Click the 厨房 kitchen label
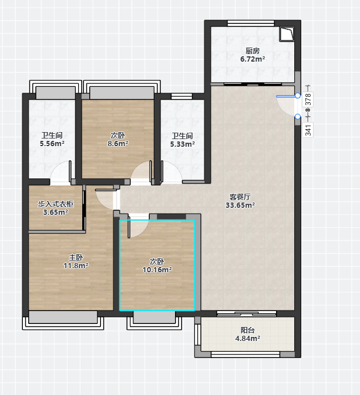coord(253,51)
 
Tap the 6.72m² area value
coord(253,59)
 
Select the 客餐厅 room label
coord(240,197)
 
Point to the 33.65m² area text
coord(240,205)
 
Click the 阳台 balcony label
coord(248,330)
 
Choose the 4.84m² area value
coord(248,338)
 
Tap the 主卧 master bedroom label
coord(76,257)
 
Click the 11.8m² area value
coord(76,265)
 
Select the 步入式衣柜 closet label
coord(55,204)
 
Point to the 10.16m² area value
coord(157,270)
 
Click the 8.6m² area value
coord(118,144)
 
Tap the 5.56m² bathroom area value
coord(52,144)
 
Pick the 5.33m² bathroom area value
coord(182,144)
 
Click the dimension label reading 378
coord(308,100)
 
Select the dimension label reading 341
coord(308,130)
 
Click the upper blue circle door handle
coord(298,96)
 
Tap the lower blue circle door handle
coord(298,117)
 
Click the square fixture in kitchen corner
coord(287,34)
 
